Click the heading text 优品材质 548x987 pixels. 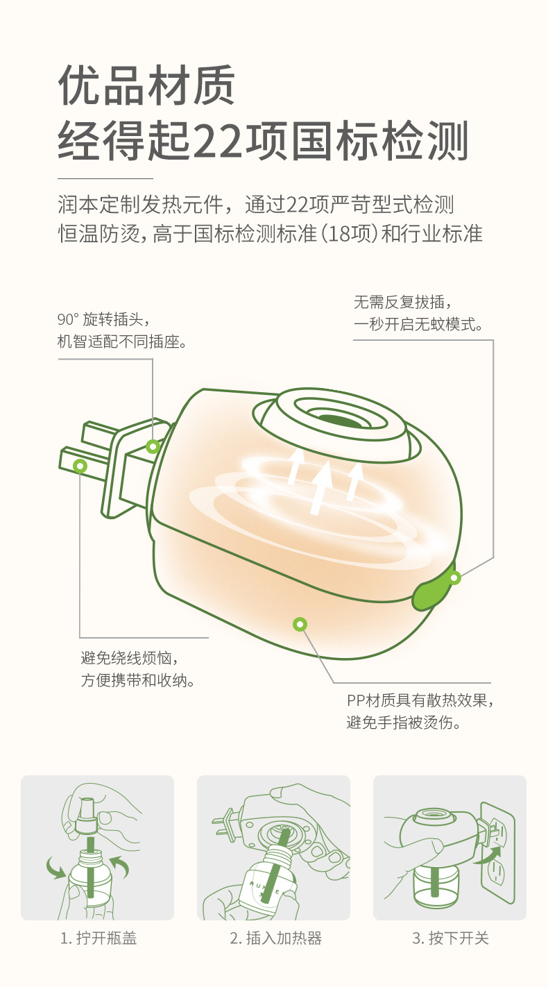click(146, 85)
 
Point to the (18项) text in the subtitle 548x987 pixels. click(348, 233)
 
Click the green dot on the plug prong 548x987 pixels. click(80, 466)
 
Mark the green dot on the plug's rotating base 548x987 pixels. click(153, 446)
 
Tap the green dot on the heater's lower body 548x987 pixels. click(300, 625)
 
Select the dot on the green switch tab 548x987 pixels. click(454, 577)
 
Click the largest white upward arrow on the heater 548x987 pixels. click(321, 487)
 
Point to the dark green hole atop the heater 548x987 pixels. click(339, 421)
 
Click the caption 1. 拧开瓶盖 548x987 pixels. click(99, 938)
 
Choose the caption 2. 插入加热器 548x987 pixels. click(276, 938)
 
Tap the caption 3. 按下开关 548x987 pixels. click(450, 938)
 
